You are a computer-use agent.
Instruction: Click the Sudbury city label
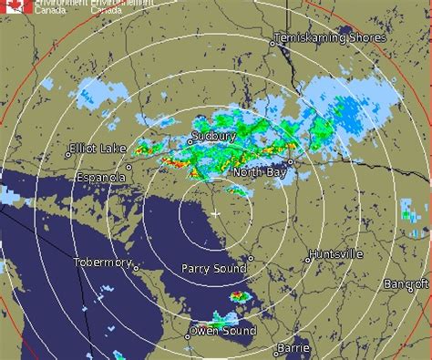coord(213,136)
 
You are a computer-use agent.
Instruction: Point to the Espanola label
coord(102,178)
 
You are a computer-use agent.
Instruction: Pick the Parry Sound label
coord(213,269)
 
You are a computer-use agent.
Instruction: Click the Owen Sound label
coord(221,330)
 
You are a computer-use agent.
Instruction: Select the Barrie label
coord(293,349)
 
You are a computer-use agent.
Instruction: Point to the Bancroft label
coord(406,284)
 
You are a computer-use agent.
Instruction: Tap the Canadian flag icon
coord(17,6)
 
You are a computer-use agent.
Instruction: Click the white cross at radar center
coord(215,212)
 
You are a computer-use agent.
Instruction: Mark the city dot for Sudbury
coord(190,142)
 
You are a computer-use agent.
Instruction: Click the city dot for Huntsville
coord(308,260)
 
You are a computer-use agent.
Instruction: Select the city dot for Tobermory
coord(135,267)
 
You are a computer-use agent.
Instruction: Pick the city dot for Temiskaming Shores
coord(272,42)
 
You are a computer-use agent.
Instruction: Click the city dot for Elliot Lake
coord(67,154)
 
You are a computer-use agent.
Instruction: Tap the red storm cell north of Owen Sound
coord(239,296)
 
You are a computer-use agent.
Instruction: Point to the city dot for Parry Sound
coord(251,258)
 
